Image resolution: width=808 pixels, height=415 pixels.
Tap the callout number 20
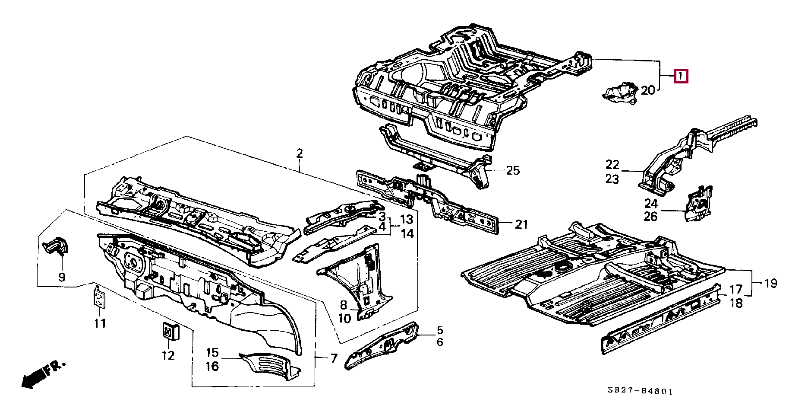pos(648,90)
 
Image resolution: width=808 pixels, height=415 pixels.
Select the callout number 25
pos(513,170)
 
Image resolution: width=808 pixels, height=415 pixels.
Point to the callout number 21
pos(521,224)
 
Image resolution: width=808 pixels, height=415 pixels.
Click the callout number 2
pos(300,153)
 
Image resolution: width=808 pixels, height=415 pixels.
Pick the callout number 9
pos(62,277)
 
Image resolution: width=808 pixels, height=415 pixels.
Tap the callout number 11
pos(100,323)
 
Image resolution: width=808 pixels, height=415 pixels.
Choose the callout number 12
pos(168,355)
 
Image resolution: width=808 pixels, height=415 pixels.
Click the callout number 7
pos(334,358)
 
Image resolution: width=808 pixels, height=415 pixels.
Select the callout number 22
pos(612,164)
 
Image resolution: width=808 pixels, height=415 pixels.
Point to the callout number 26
pos(650,216)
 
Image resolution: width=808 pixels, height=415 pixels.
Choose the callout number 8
pos(343,305)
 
